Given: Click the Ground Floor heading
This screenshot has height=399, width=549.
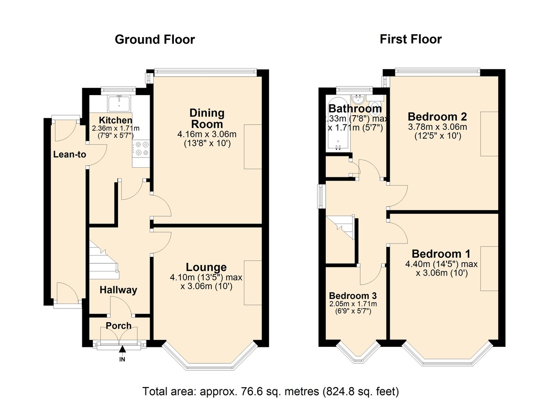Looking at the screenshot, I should pos(155,40).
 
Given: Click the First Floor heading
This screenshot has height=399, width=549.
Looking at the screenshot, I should pos(410,40).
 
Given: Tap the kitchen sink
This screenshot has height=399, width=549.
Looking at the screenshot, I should pos(119,103).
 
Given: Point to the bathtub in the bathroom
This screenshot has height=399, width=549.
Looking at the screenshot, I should pos(338,123).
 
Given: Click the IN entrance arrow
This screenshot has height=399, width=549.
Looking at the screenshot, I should pos(122,351).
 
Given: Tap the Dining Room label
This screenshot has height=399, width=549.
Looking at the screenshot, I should pos(207,118).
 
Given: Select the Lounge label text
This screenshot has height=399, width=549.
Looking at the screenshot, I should pos(206,267).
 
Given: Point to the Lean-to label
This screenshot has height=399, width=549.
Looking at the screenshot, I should pos(69,154).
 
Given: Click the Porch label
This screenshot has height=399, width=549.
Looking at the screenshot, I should pos(118,326).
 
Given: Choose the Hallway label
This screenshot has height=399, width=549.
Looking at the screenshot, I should pos(118,290).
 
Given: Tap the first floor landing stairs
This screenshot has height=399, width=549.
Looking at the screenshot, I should pos(342,227).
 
